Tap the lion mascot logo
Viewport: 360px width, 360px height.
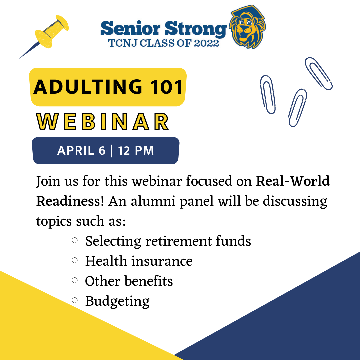pos(248,27)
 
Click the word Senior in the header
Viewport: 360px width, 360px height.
pos(130,28)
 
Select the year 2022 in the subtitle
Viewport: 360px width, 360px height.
pos(206,43)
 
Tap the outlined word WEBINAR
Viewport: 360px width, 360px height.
pos(103,122)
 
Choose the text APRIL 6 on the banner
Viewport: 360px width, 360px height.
pos(81,151)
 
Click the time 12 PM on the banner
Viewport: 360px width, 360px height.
pos(136,151)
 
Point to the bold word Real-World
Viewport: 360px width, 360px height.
pos(293,181)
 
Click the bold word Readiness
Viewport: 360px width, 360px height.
pos(68,201)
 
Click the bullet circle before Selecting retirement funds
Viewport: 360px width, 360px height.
pos(75,240)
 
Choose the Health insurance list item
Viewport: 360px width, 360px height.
pos(139,261)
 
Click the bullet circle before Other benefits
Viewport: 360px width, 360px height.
pos(75,280)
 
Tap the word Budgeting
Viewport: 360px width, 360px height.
pos(117,301)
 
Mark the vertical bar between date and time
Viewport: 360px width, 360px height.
pos(112,151)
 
